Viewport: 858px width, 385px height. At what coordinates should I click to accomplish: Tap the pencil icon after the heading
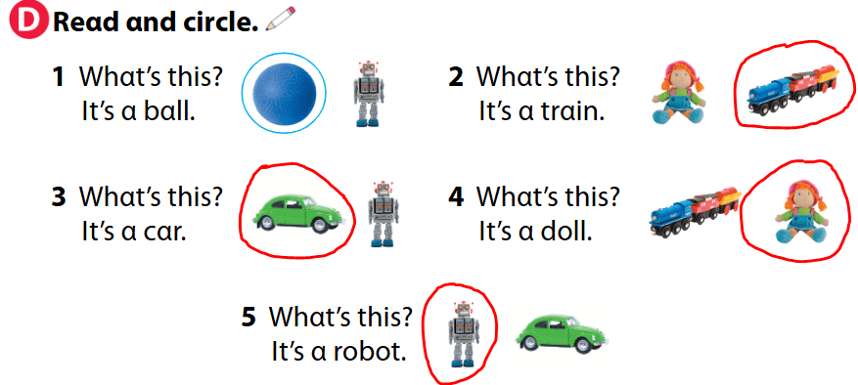click(x=279, y=18)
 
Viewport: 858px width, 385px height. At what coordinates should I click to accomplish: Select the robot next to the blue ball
click(x=368, y=95)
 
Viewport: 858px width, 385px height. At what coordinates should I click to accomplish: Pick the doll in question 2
click(x=675, y=94)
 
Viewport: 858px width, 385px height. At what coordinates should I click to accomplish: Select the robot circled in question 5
click(x=461, y=332)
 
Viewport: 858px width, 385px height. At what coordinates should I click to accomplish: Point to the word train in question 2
click(x=572, y=109)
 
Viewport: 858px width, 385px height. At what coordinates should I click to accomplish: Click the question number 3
click(x=58, y=197)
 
